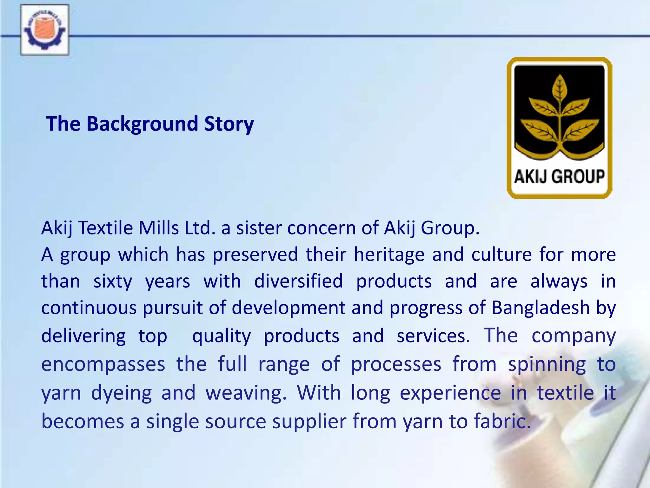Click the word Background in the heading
click(x=143, y=124)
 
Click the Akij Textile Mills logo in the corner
click(x=44, y=30)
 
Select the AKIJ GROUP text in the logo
click(x=559, y=177)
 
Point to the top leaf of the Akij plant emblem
click(x=560, y=87)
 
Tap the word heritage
click(x=389, y=254)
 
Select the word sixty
click(x=113, y=281)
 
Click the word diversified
click(x=299, y=281)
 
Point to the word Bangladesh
click(x=541, y=308)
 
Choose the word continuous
click(x=89, y=308)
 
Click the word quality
click(x=222, y=336)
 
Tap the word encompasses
click(x=103, y=364)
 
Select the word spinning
click(x=547, y=364)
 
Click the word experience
click(x=450, y=393)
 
